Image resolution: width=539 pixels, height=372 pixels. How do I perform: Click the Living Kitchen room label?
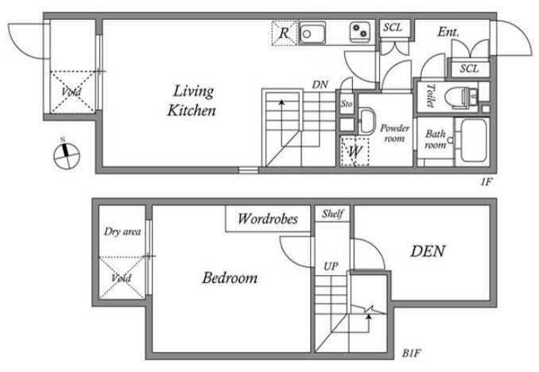pos(192,100)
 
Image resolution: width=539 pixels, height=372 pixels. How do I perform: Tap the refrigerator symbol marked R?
pos(285,33)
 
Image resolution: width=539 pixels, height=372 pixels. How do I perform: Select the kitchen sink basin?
pos(312,33)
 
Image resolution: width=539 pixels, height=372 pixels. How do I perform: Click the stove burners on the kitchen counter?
pos(360,32)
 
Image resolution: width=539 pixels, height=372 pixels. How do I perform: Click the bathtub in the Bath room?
pos(473,140)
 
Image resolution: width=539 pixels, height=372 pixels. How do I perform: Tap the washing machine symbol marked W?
pos(355,151)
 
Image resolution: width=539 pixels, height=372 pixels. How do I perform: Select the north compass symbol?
pos(66,154)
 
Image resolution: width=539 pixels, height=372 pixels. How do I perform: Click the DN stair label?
pos(320,84)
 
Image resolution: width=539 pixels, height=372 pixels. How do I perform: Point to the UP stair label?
pos(331,266)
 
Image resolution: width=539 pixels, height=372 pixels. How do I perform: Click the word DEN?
pos(428,251)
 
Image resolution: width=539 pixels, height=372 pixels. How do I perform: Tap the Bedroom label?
pos(230,277)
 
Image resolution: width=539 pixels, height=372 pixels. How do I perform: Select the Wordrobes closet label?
pos(268,219)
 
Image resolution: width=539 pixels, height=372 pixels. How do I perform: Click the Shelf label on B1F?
pos(332,214)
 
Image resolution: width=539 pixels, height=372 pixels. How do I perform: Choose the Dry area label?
pos(122,231)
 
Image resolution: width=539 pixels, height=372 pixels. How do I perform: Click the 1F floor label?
pos(487,181)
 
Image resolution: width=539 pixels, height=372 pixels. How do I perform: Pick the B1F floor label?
pos(412,353)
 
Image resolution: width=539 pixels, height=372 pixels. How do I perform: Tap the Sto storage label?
pos(347,103)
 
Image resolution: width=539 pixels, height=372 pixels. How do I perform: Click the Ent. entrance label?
pos(448,32)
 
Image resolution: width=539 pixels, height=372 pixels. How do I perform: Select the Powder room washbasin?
pos(366,121)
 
